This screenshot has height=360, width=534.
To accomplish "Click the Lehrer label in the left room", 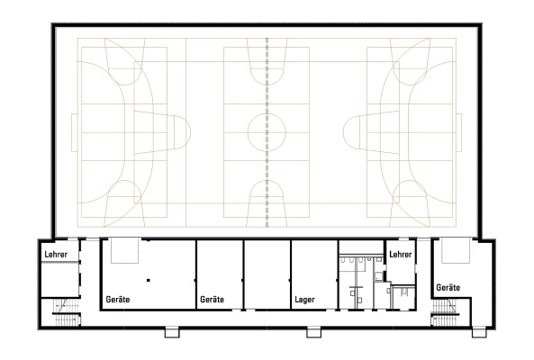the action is (56, 254).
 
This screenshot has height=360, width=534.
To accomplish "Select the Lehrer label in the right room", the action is (400, 254).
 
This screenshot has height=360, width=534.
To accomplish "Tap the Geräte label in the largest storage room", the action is (117, 300).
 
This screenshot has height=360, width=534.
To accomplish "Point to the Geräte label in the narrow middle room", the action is (212, 300).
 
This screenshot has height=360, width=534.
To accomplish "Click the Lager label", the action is (304, 300).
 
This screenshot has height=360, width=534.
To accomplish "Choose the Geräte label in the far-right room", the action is (448, 287).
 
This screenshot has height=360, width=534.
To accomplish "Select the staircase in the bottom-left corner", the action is (66, 312).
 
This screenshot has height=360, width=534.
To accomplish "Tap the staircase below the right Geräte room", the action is (445, 312).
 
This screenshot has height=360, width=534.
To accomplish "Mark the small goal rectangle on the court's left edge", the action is (75, 132).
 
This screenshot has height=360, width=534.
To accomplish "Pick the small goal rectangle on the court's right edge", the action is (459, 132).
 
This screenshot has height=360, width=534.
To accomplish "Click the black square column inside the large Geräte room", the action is (149, 281).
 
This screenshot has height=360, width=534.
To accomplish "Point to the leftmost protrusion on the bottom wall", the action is (172, 332).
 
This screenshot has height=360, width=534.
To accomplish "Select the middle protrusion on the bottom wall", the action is (313, 332).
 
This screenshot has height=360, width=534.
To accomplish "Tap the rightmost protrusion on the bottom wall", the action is (479, 332).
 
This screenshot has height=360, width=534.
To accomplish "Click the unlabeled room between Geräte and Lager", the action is (267, 274).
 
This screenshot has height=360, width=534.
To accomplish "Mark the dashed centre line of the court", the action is (267, 132).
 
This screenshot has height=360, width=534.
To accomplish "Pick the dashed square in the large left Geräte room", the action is (124, 250).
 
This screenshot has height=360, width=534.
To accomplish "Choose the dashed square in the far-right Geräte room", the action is (456, 250).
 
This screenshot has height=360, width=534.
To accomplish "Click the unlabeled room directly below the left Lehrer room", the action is (60, 279).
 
